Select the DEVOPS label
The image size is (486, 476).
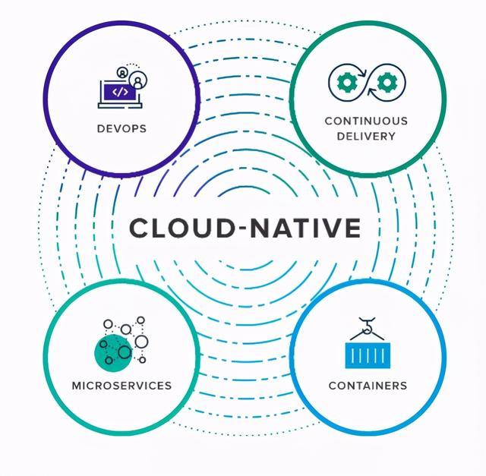(x=121, y=128)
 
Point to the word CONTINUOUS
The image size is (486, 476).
(x=366, y=121)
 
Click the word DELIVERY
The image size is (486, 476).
(x=366, y=137)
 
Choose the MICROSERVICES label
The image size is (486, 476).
(x=121, y=386)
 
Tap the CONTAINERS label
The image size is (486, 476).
(x=368, y=386)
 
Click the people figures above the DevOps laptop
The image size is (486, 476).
(x=131, y=76)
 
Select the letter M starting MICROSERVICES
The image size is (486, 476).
(x=76, y=386)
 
